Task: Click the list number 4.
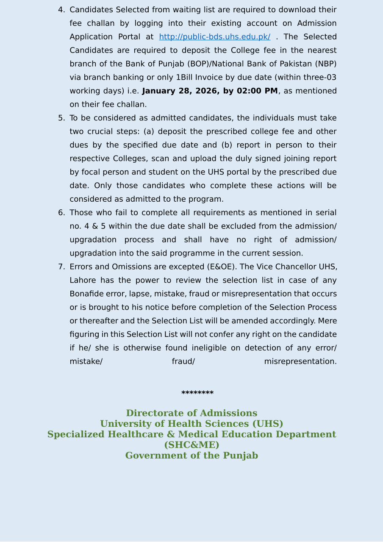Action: pyautogui.click(x=61, y=10)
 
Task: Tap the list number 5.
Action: pyautogui.click(x=61, y=118)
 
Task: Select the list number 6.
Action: pyautogui.click(x=61, y=213)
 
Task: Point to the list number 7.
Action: pyautogui.click(x=61, y=267)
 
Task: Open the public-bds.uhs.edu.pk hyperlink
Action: pyautogui.click(x=214, y=37)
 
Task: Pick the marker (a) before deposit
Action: pyautogui.click(x=148, y=132)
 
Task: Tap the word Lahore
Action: pyautogui.click(x=83, y=281)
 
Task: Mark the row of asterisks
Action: pyautogui.click(x=197, y=393)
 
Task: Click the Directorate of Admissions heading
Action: pyautogui.click(x=191, y=413)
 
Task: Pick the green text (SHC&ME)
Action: pyautogui.click(x=191, y=445)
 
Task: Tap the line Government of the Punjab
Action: pyautogui.click(x=191, y=456)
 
